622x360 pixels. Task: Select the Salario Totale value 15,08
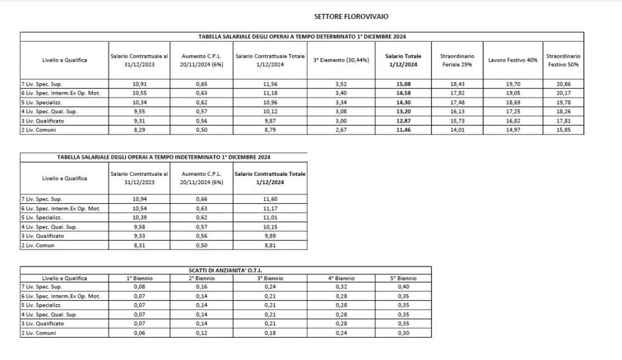(394, 84)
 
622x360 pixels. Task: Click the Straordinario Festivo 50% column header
(564, 60)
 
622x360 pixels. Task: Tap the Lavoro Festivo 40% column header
(513, 60)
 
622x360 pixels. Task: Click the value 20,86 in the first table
(564, 84)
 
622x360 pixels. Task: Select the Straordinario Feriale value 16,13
(456, 111)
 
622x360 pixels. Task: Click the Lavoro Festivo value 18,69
(513, 102)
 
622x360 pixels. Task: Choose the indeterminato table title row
(164, 157)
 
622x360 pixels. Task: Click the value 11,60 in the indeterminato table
(270, 199)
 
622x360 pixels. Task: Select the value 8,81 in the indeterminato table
(270, 244)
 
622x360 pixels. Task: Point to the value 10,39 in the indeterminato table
(139, 217)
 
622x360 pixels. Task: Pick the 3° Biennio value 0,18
(270, 333)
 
